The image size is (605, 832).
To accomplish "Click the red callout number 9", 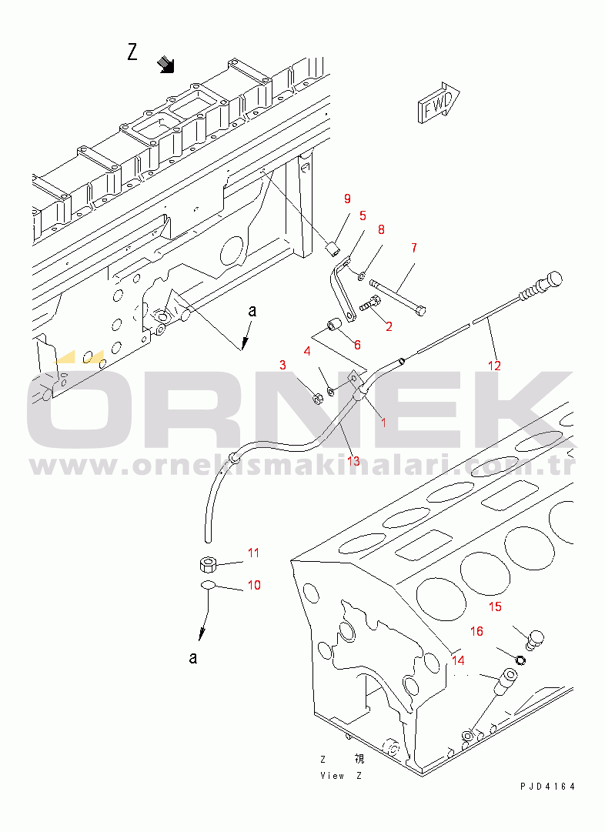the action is [347, 199].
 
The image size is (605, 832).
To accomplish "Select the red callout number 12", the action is [494, 366].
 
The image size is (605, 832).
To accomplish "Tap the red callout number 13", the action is [353, 461].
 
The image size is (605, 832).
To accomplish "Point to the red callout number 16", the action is [476, 631].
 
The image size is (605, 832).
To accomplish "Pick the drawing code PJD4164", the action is [548, 787].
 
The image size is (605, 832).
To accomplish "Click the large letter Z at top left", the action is [132, 52].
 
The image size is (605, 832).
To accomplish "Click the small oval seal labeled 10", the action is [208, 585].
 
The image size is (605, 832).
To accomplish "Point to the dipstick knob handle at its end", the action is [552, 279].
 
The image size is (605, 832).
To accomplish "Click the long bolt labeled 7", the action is [397, 298].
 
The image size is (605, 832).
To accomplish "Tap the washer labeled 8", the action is [362, 275].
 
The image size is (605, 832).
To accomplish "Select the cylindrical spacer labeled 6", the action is [335, 323].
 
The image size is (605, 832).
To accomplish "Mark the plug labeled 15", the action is [534, 639].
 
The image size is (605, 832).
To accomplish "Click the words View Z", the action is [341, 776].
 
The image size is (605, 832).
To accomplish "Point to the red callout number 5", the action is [363, 216].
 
